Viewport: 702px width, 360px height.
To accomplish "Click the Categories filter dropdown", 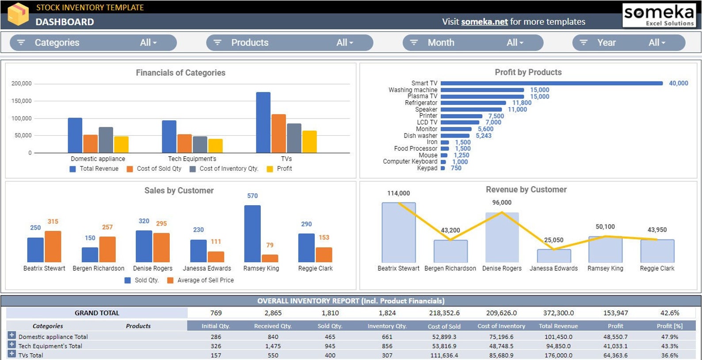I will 93,42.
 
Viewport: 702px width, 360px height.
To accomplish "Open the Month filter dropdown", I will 473,42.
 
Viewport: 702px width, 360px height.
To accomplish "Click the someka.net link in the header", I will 484,22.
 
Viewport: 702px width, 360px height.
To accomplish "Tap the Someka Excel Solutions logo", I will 659,15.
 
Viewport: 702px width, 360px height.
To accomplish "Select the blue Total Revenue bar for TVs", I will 263,123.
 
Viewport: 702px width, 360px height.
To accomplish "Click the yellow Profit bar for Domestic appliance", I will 121,145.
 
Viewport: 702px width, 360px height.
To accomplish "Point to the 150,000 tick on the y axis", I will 22,101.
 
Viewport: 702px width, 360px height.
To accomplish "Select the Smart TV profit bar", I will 551,83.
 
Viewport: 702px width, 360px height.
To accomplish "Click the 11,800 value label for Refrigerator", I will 522,103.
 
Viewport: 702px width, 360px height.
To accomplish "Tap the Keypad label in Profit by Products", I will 427,168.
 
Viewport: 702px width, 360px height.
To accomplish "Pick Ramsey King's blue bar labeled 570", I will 252,234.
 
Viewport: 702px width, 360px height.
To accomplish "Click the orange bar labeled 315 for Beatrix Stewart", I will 53,246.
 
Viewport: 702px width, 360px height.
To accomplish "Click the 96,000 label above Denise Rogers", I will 502,203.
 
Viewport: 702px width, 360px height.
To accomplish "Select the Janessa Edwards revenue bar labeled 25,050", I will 553,256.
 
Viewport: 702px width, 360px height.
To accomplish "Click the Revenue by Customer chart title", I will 526,189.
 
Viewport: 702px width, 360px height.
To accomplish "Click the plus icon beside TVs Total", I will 11,354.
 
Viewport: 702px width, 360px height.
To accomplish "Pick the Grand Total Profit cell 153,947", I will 615,313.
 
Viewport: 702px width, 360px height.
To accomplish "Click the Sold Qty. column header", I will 330,326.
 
